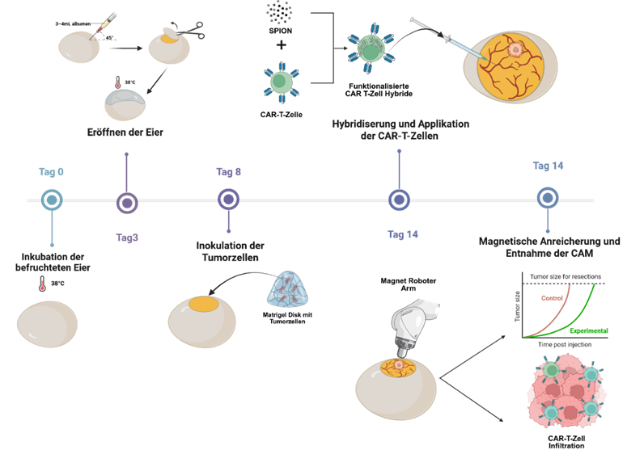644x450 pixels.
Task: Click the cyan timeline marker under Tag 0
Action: (x=52, y=200)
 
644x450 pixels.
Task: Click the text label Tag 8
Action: (x=229, y=172)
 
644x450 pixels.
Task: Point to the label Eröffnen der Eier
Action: (x=126, y=131)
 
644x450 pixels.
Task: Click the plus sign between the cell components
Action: (x=281, y=45)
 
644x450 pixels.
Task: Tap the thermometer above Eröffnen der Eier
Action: (x=118, y=83)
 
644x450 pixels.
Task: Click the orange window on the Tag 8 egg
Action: (x=203, y=306)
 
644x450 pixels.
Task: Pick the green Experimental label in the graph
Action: (x=587, y=330)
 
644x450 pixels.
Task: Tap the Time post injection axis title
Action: (x=565, y=345)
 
